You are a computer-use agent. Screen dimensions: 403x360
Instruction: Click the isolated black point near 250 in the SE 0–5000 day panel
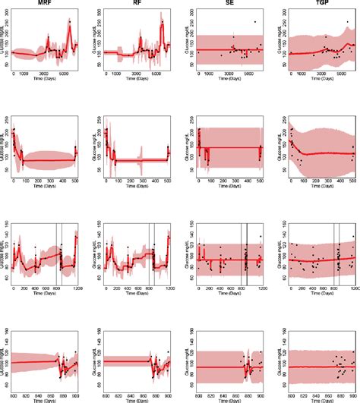click(x=254, y=21)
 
